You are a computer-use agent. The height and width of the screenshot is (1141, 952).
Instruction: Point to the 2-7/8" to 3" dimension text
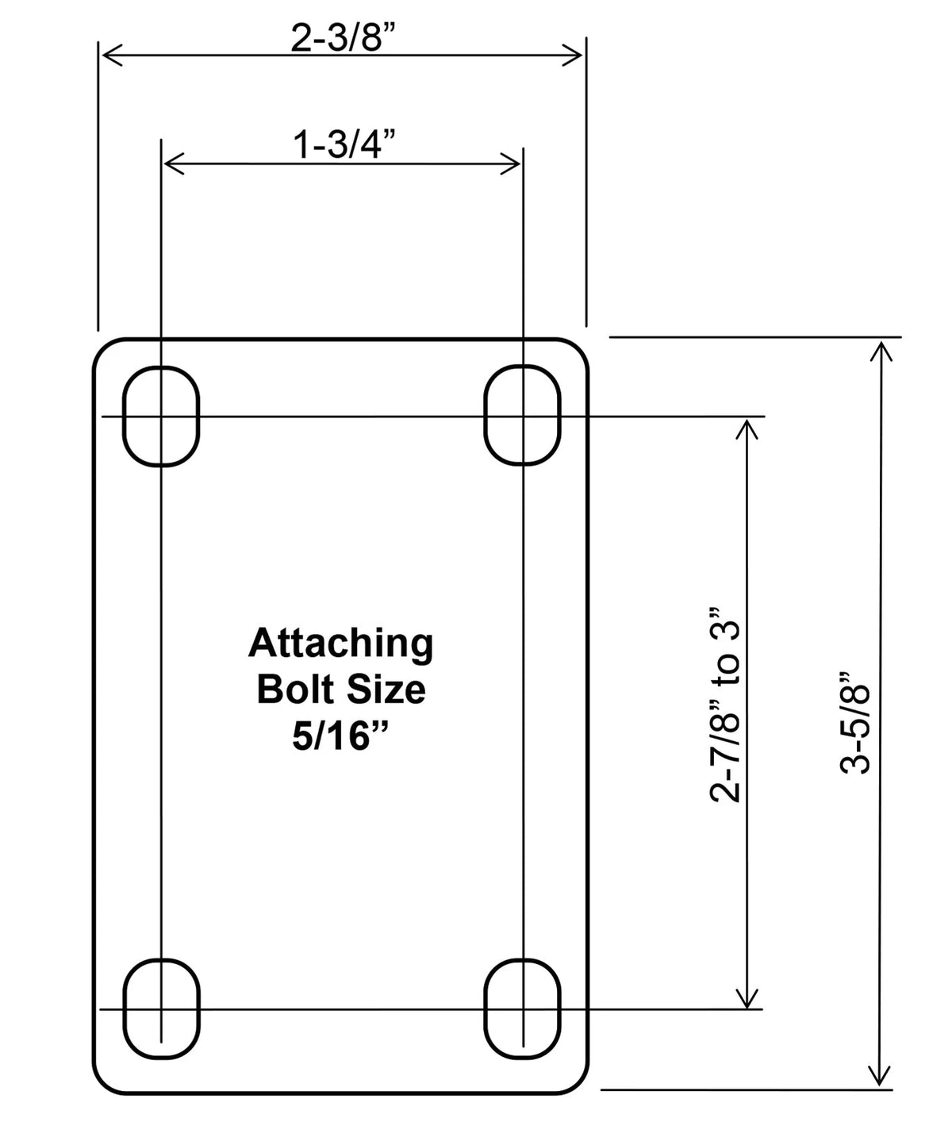tap(726, 706)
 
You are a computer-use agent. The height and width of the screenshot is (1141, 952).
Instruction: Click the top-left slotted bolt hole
tap(161, 416)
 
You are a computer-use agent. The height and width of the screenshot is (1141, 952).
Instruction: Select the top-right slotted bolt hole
tap(522, 414)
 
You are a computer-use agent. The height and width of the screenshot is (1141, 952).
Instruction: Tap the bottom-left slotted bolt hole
tap(161, 1008)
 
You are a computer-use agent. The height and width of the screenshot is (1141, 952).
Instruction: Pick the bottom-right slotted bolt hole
tap(522, 1008)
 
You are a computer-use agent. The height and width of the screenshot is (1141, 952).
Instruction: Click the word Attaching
tap(341, 644)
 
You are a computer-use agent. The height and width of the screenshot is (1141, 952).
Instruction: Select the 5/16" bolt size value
tap(341, 738)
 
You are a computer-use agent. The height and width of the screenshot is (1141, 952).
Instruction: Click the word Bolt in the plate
tap(292, 690)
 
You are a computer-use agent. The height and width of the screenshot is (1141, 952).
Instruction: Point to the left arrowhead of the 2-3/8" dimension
tap(111, 55)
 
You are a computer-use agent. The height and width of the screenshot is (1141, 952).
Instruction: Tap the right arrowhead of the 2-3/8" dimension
tap(574, 55)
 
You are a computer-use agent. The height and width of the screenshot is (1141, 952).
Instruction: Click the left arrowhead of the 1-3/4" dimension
tap(173, 164)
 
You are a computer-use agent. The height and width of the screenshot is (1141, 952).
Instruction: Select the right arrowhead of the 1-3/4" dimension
tap(510, 164)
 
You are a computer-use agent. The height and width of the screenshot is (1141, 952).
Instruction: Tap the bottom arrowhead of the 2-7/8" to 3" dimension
tap(747, 997)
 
